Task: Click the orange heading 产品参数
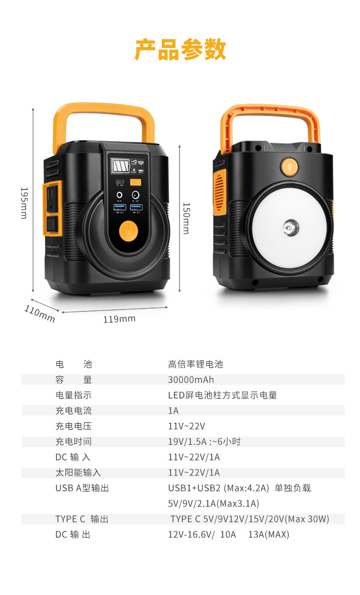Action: (x=180, y=50)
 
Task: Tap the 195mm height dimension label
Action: (x=23, y=202)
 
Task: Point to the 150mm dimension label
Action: (x=186, y=218)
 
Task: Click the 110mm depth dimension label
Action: (x=39, y=314)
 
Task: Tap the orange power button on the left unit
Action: (x=128, y=231)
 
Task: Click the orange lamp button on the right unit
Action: (x=289, y=167)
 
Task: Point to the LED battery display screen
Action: (x=118, y=166)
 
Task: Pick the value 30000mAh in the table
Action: (x=191, y=380)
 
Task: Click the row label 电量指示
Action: (x=73, y=395)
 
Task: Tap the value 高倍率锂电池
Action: (x=195, y=364)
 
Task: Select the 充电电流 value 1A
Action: (x=173, y=411)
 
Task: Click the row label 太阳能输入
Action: (x=78, y=473)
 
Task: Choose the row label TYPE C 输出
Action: (x=82, y=519)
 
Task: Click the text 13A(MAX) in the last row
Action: (x=269, y=535)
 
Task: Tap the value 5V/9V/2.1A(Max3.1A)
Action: (x=214, y=503)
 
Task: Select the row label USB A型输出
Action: (x=82, y=488)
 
